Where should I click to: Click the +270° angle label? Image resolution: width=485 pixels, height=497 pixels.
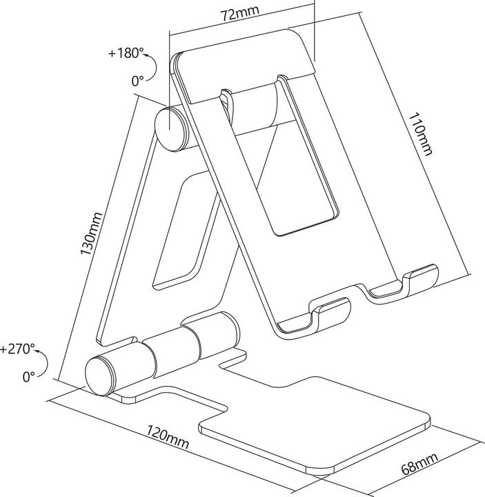click(x=17, y=349)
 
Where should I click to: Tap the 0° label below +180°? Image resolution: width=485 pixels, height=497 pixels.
click(x=137, y=80)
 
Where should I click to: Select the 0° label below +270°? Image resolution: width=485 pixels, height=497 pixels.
click(x=28, y=377)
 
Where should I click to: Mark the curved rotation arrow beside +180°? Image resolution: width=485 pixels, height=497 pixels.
click(x=156, y=68)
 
